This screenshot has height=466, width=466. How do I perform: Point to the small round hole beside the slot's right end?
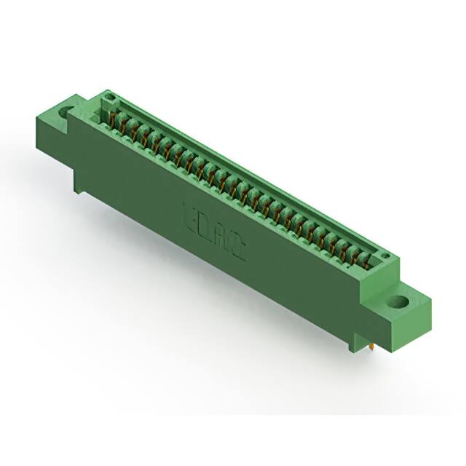(x=384, y=256)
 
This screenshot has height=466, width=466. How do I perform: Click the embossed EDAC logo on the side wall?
(x=212, y=229)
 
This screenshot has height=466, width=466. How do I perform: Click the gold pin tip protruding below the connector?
(x=373, y=349)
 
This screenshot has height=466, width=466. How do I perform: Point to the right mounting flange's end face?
(x=421, y=320)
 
